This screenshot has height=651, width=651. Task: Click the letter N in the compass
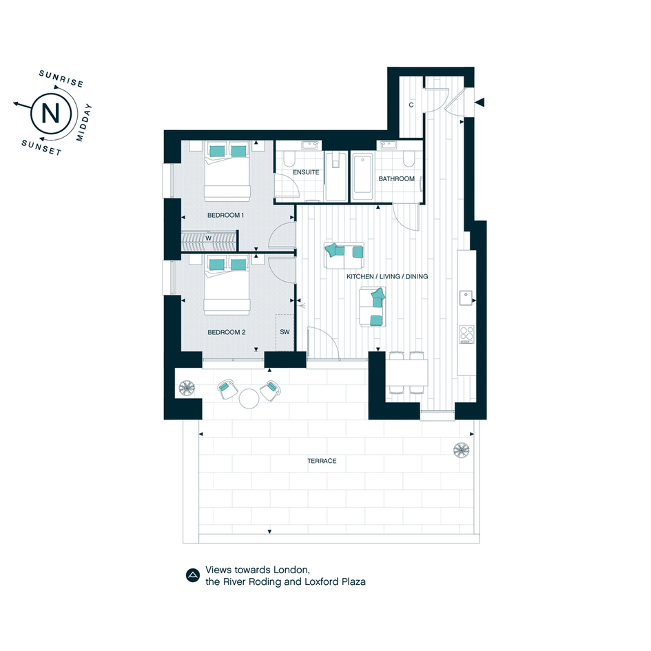pos(51,113)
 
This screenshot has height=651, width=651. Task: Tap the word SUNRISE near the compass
pos(61,78)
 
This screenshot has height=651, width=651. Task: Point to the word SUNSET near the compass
pos(41,147)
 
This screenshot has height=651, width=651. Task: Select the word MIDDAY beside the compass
pos(84,123)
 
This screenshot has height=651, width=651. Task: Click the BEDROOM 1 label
pos(225,215)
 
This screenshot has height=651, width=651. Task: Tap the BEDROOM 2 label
pos(226,332)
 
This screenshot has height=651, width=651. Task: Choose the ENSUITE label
pos(306,172)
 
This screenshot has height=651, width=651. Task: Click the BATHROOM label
pos(397,178)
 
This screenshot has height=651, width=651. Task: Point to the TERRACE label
pos(322,461)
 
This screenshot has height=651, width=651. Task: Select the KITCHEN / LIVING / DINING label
pos(387,276)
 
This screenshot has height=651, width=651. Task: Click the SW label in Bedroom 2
pos(285,332)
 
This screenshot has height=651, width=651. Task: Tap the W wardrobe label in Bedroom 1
pos(209,238)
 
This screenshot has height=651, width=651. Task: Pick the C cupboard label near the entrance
pos(411,105)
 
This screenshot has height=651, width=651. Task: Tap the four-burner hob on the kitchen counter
pos(466,335)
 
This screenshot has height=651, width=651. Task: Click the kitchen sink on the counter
pos(466,298)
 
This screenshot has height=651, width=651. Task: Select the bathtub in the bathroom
pos(363,176)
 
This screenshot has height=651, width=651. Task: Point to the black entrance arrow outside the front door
pos(480,102)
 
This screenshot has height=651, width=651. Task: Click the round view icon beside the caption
pos(193,575)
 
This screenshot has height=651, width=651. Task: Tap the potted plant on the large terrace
pos(462,450)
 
